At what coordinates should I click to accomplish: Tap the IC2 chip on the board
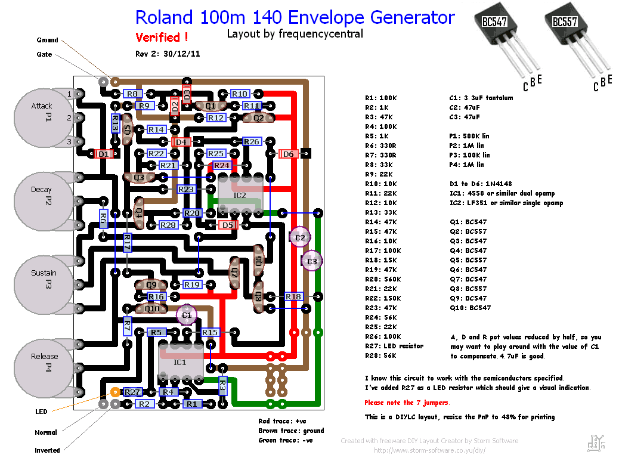point(239,196)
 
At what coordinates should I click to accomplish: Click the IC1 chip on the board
point(180,362)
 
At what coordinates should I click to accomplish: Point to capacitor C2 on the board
point(299,237)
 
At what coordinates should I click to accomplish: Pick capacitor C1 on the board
point(186,314)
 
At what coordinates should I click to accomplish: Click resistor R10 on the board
point(240,94)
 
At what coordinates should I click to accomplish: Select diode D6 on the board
point(289,154)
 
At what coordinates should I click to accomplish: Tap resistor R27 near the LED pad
point(132,392)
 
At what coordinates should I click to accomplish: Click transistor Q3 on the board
point(139,177)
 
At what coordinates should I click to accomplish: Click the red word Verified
point(162,38)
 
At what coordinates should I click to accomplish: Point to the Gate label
point(45,54)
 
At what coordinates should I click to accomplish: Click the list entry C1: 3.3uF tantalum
point(481,98)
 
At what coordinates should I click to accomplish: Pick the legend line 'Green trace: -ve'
point(286,440)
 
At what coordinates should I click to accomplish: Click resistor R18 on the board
point(293,296)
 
